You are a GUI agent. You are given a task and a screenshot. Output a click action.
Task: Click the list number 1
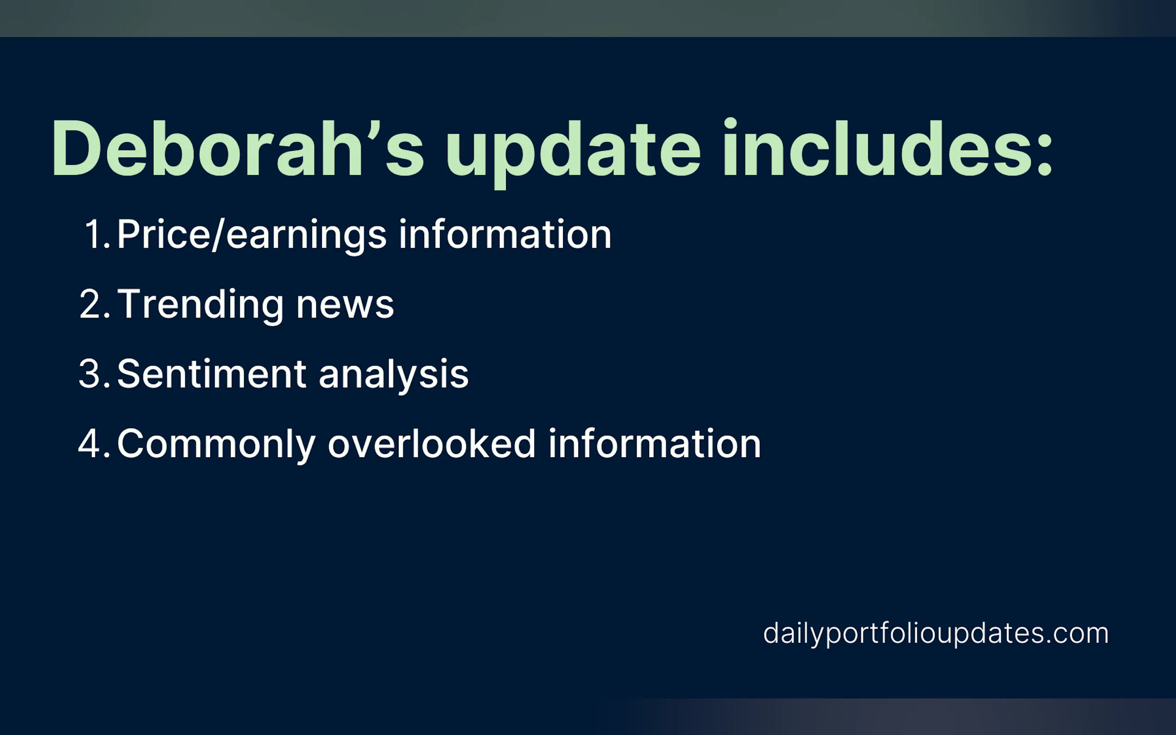(x=97, y=234)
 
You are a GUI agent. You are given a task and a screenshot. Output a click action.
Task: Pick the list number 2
(x=95, y=304)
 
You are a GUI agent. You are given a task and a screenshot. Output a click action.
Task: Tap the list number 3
(x=95, y=374)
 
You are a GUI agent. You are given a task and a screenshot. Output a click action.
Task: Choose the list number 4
(x=94, y=444)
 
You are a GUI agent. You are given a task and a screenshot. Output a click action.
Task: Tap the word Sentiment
(x=212, y=374)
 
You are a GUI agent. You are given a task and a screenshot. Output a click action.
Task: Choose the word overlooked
(x=432, y=443)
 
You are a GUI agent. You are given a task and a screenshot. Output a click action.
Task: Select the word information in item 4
(x=655, y=443)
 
